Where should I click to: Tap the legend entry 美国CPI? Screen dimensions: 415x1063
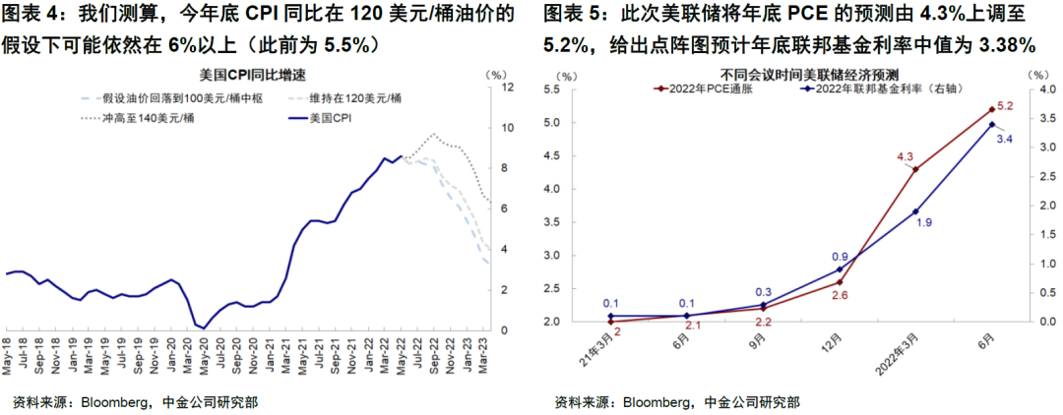click(331, 118)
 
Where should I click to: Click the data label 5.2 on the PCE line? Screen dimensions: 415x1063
click(1005, 106)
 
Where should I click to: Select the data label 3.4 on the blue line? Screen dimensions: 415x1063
click(1005, 139)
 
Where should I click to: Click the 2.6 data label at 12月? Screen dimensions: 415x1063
click(839, 295)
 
